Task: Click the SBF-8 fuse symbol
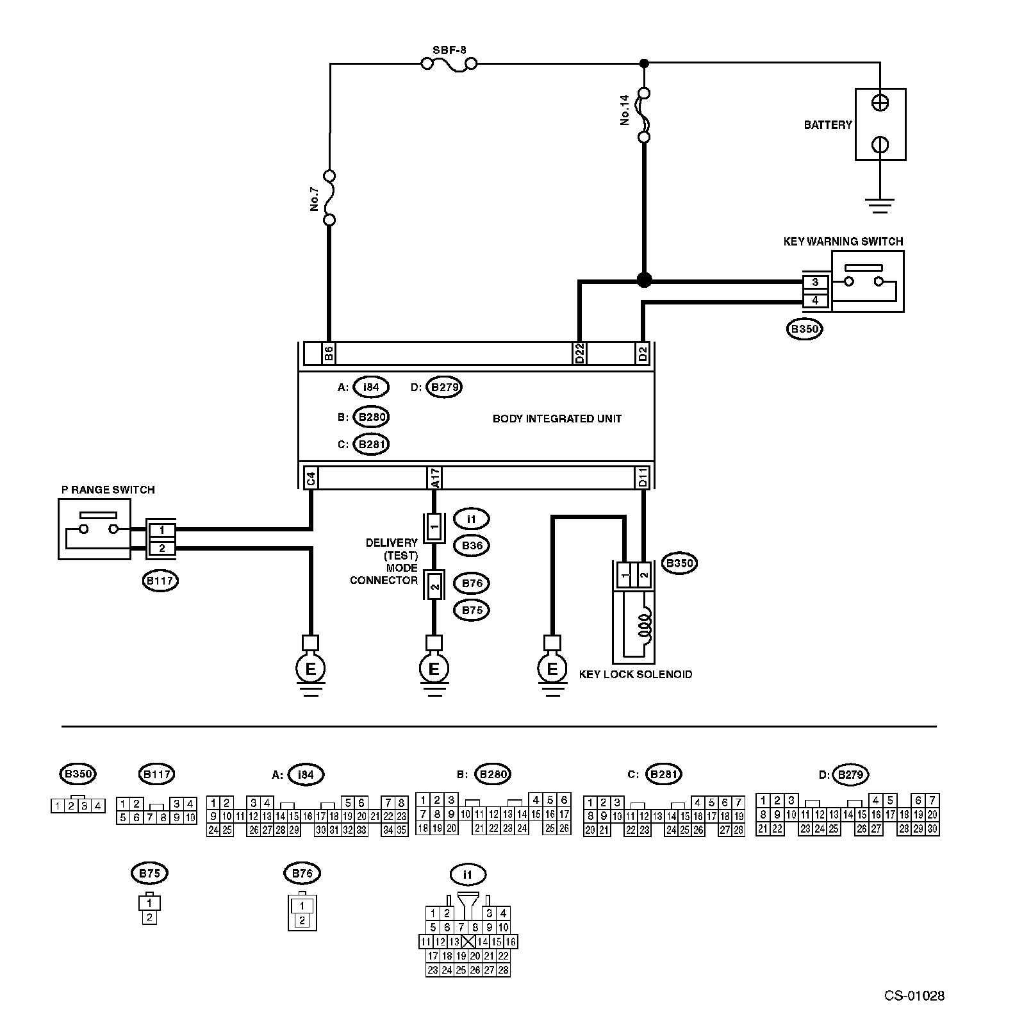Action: coord(449,64)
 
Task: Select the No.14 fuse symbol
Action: coord(645,115)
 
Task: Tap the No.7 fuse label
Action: coord(315,199)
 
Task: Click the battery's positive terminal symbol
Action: coord(880,103)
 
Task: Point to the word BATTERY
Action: coord(828,125)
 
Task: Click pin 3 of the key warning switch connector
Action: coord(815,282)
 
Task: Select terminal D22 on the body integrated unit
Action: coord(579,353)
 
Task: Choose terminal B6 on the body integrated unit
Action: coord(328,353)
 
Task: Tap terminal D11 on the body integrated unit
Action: coord(643,478)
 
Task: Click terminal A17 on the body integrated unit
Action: coord(434,478)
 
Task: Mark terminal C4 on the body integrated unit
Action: coord(310,478)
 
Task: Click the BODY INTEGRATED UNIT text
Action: coord(557,419)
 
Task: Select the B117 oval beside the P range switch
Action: coord(160,581)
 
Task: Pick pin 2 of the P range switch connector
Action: coord(162,548)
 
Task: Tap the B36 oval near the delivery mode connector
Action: coord(472,545)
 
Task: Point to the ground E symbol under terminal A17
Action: coord(434,669)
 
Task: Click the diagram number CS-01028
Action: coord(914,995)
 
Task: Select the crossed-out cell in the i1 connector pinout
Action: coord(468,942)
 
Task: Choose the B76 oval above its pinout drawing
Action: coord(302,873)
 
